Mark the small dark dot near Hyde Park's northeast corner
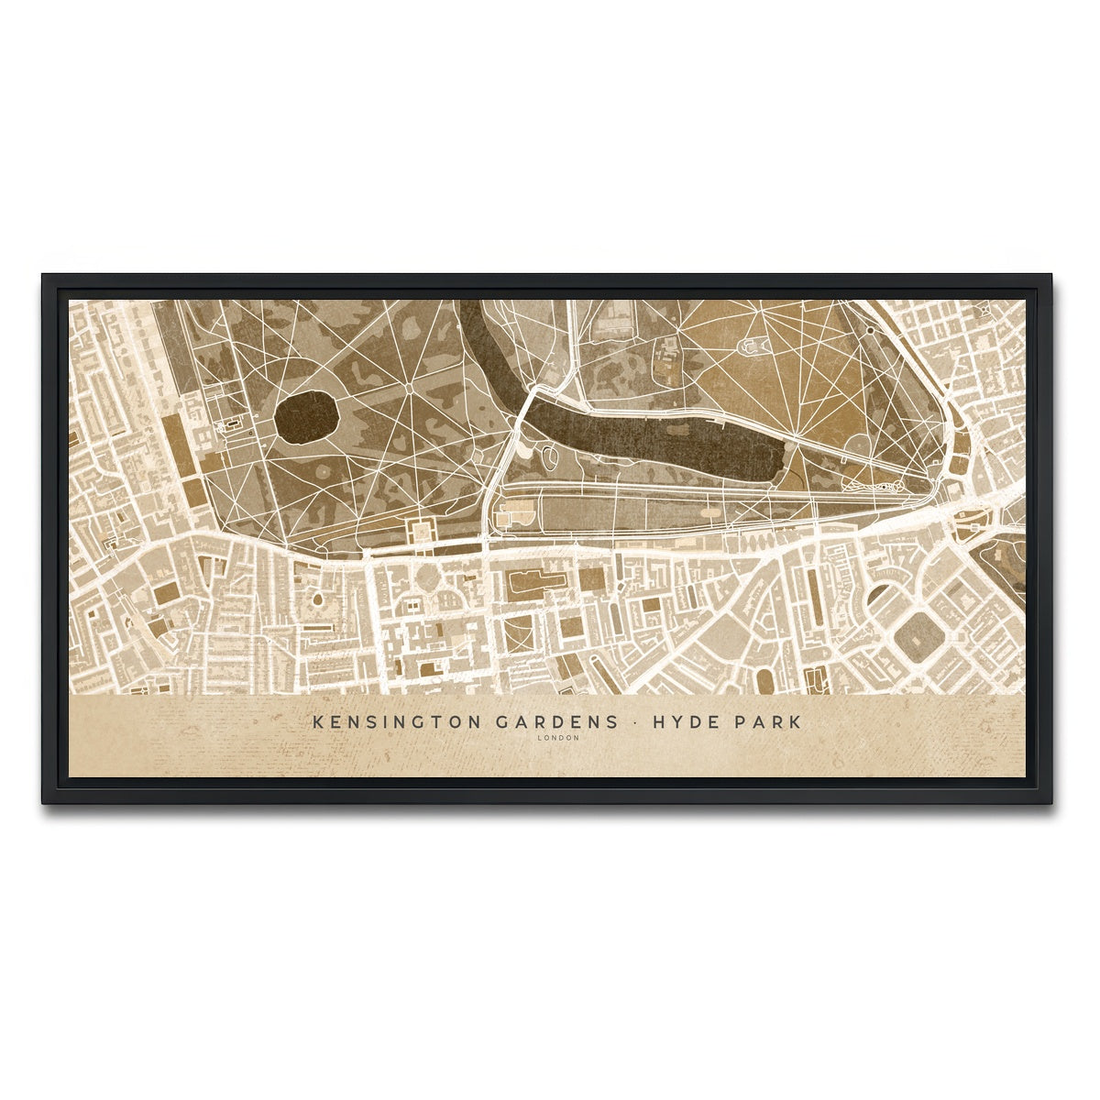tap(869, 331)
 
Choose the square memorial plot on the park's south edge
tap(423, 531)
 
